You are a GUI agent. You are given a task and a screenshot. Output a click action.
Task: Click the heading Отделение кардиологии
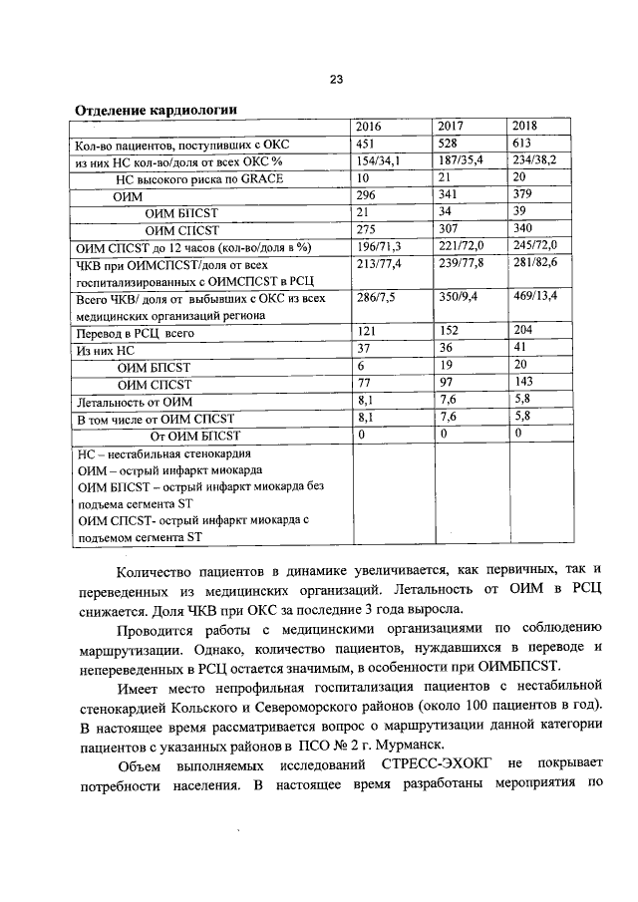pyautogui.click(x=157, y=109)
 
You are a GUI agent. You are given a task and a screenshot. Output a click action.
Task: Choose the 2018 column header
pyautogui.click(x=524, y=127)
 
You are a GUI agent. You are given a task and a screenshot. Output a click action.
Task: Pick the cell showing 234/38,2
pyautogui.click(x=534, y=161)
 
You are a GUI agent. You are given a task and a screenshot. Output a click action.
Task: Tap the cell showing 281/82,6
pyautogui.click(x=534, y=263)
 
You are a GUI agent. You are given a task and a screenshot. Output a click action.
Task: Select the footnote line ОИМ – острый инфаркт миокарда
pyautogui.click(x=169, y=469)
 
